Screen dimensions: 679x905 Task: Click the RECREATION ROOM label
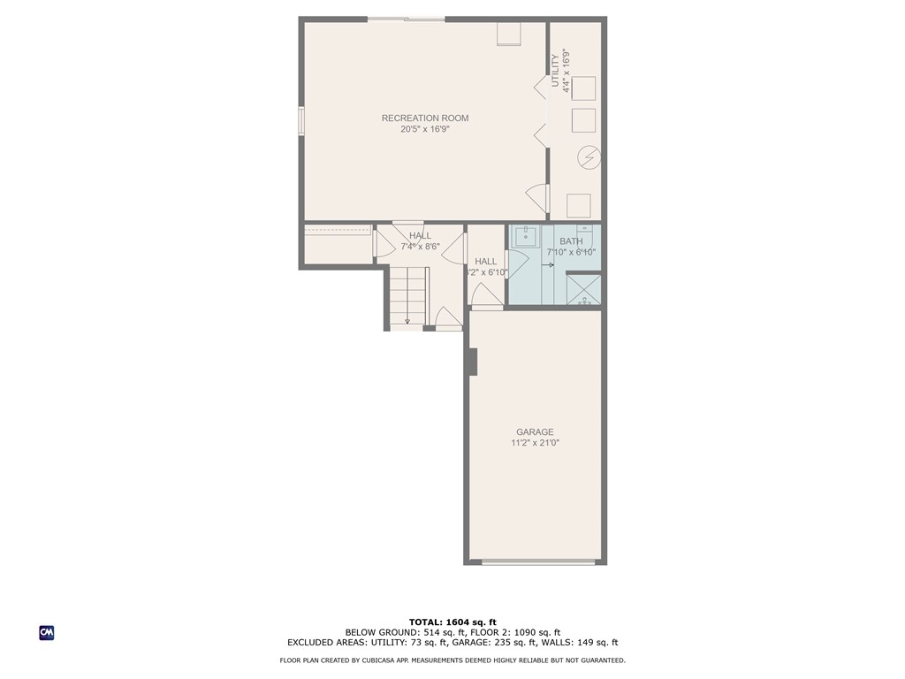tap(425, 118)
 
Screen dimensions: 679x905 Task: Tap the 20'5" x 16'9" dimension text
tap(425, 130)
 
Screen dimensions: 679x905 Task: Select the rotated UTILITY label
tap(556, 71)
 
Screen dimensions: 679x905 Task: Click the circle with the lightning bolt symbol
tap(589, 158)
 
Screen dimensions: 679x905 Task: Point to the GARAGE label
tap(535, 432)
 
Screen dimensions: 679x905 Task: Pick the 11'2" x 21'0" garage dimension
tap(535, 443)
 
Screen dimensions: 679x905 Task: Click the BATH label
tap(571, 241)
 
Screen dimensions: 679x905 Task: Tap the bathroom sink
tap(528, 237)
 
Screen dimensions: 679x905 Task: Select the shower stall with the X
tap(583, 290)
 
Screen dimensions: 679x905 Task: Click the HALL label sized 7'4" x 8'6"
tap(420, 236)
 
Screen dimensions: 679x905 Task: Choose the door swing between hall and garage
tap(487, 298)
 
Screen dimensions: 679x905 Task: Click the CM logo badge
tap(47, 633)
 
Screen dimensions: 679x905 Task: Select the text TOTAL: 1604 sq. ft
tap(452, 622)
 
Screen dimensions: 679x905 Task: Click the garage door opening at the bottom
tap(537, 561)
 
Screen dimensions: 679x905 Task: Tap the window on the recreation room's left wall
tap(301, 120)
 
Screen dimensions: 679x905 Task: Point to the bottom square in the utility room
tap(579, 205)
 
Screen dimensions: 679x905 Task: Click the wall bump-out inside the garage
tap(472, 361)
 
